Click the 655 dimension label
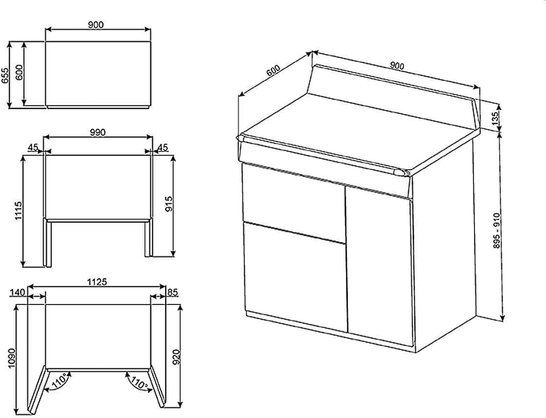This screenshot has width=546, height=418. coord(5,76)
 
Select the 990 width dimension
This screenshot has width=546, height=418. coord(98,132)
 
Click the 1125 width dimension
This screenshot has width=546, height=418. coord(97,282)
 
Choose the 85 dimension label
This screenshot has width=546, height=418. coord(172,292)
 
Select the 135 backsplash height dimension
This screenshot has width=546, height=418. coord(495,118)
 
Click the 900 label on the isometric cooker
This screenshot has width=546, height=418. coord(397,65)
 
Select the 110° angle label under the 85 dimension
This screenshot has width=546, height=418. coord(139,383)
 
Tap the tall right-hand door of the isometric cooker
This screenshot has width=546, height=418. coord(379,266)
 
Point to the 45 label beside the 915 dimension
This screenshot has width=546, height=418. coord(163,147)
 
